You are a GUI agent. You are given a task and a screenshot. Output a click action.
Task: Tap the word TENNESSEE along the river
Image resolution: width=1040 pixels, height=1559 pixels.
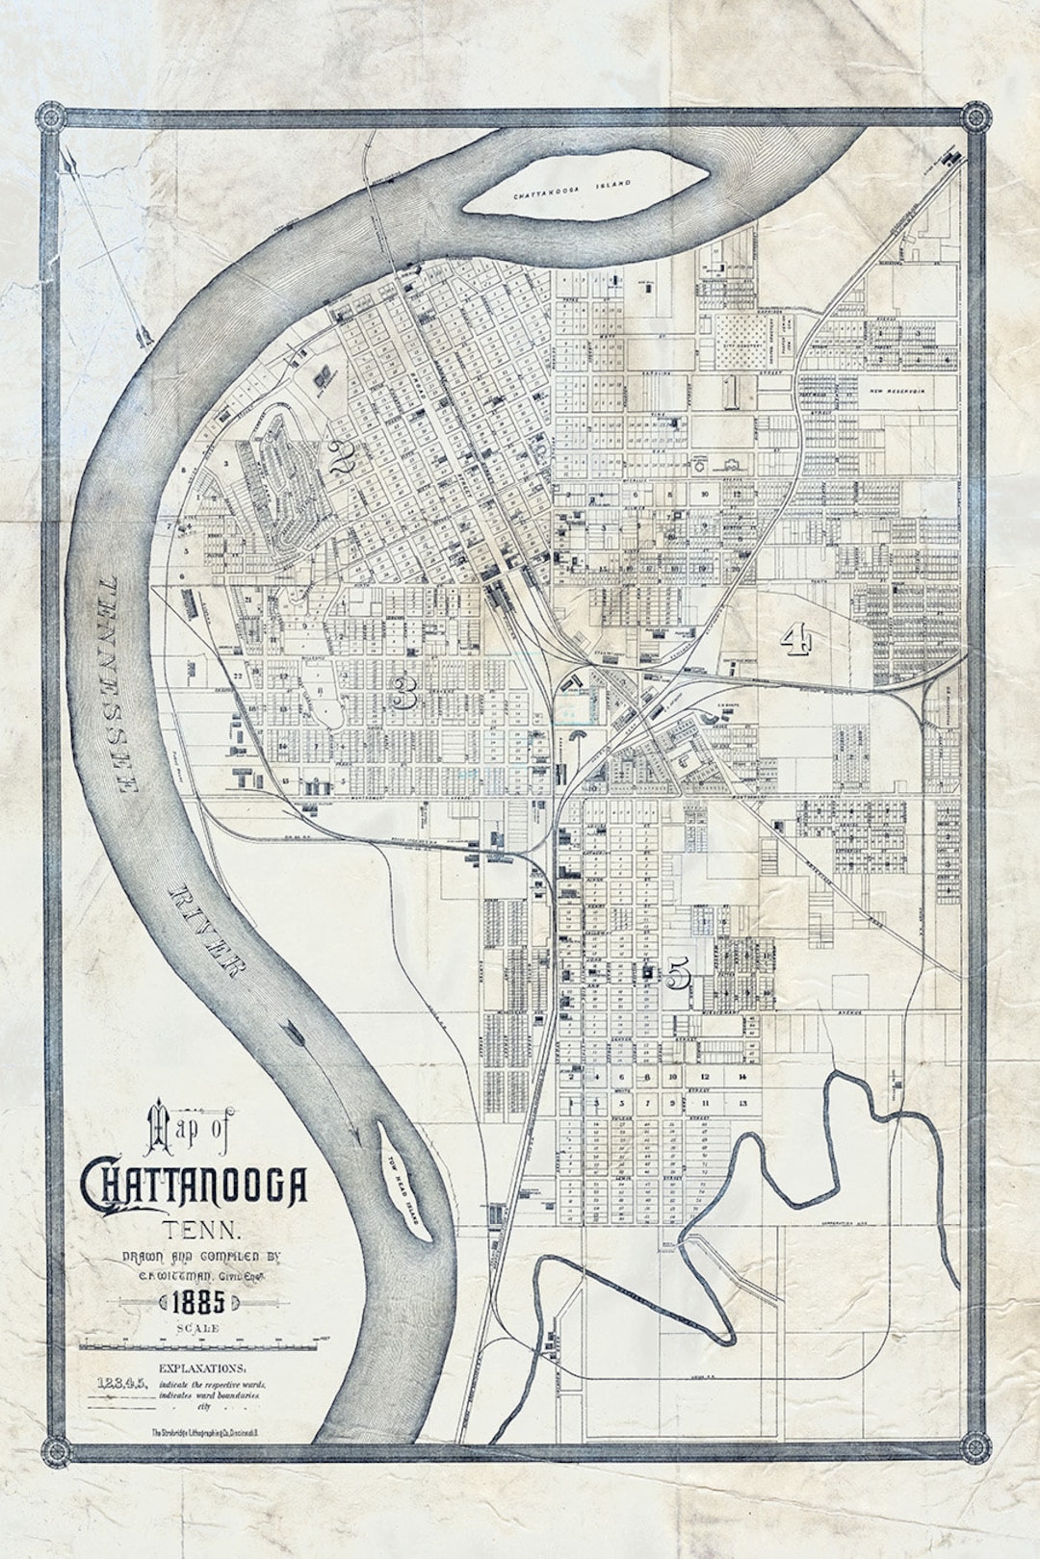(113, 684)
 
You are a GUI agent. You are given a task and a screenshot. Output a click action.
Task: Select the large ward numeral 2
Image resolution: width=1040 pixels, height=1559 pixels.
(341, 460)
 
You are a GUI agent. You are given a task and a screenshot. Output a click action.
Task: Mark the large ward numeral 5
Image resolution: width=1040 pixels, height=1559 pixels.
(678, 975)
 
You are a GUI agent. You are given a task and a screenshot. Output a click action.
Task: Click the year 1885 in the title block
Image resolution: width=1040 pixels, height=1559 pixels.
(197, 1303)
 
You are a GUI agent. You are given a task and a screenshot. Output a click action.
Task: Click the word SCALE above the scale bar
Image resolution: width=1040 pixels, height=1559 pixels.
(197, 1328)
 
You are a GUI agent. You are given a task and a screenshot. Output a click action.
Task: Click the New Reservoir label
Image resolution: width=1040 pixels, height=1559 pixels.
(902, 392)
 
